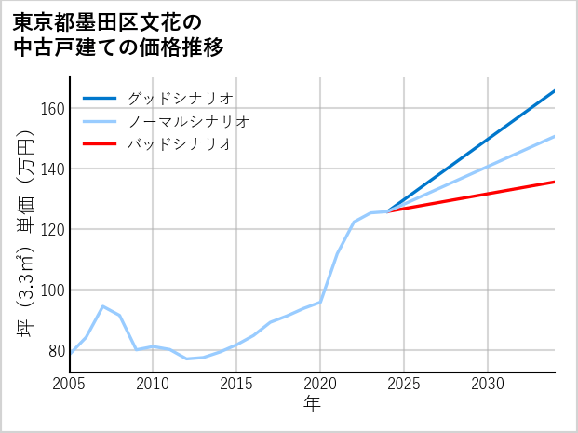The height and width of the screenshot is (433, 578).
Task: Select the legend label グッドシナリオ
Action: tap(180, 99)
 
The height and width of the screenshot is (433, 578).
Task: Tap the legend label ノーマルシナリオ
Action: tap(188, 122)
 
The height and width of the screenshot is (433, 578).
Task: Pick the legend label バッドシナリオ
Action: tap(180, 144)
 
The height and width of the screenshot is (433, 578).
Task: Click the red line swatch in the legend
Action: tap(100, 144)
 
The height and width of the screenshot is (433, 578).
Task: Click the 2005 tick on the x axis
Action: tap(70, 384)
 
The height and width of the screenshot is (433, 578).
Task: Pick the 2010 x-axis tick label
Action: tap(153, 384)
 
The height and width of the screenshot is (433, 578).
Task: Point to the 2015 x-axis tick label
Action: tap(236, 384)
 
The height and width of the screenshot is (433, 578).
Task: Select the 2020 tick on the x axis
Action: tap(320, 384)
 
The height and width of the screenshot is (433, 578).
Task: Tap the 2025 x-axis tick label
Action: tap(404, 384)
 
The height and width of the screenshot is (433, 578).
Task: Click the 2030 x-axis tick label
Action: tap(488, 384)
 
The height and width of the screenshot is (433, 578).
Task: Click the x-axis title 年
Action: tap(312, 404)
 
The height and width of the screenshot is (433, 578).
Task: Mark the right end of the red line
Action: tap(555, 182)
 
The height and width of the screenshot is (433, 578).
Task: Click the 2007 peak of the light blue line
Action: tap(103, 306)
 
